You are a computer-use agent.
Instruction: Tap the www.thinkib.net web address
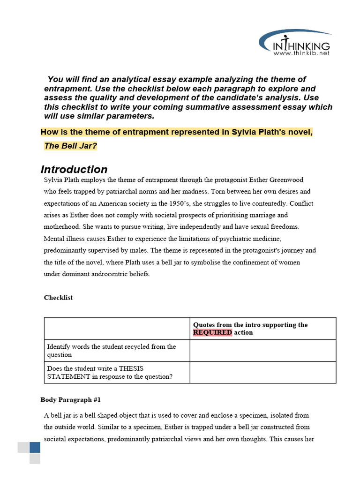pos(301,53)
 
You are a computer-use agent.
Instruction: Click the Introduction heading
pos(74,169)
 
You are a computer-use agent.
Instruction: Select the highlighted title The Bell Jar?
pos(70,146)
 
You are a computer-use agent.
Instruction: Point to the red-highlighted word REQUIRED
pos(212,332)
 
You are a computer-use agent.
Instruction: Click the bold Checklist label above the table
pos(58,298)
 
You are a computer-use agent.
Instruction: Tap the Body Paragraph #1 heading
pos(70,400)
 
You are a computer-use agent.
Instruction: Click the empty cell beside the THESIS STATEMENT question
pos(262,373)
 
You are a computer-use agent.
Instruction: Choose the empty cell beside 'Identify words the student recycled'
pos(262,351)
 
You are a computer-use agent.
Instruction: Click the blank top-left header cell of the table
pos(117,329)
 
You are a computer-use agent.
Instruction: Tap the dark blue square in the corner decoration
pos(35,447)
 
